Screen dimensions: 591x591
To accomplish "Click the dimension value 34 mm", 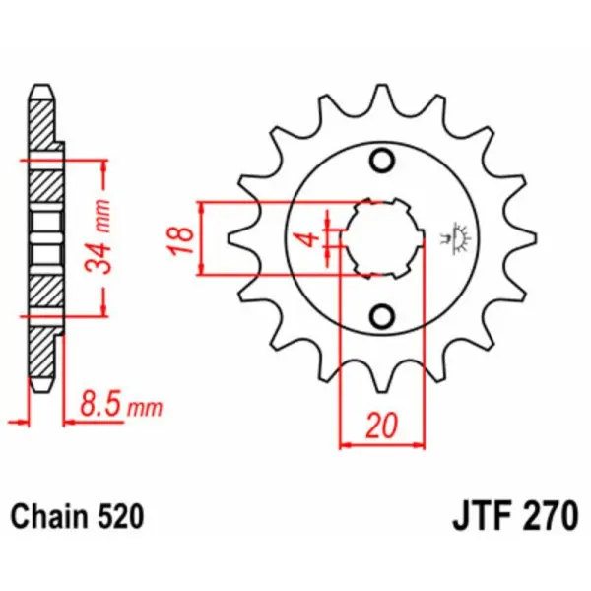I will pos(116,236).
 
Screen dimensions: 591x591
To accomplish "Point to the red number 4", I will pos(308,239).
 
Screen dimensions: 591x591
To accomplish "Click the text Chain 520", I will pos(78,515).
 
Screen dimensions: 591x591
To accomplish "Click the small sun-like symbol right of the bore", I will pos(456,235).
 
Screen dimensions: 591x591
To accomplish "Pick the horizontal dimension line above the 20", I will pos(382,444).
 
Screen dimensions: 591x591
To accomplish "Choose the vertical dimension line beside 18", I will pos(202,237).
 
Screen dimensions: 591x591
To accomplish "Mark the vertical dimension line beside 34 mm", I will pos(102,236).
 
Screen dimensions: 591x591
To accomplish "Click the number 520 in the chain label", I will pos(122,515).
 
